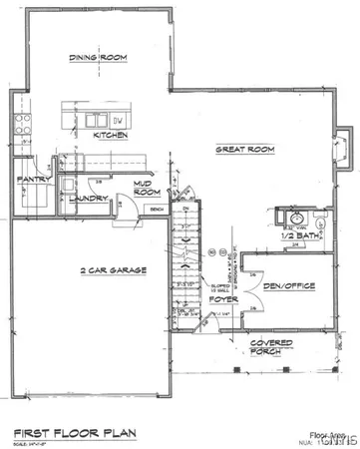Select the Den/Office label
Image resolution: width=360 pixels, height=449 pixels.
click(x=288, y=286)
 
